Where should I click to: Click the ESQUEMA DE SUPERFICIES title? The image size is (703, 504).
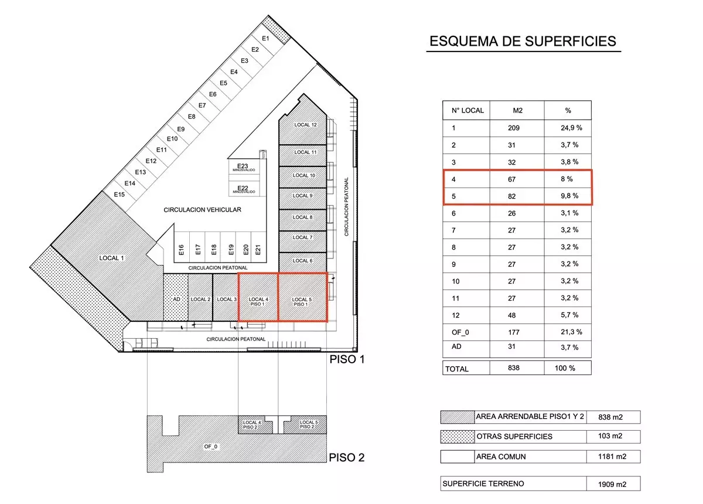click(x=523, y=42)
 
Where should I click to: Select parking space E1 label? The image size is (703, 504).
click(x=265, y=38)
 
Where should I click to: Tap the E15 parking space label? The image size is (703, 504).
click(x=120, y=195)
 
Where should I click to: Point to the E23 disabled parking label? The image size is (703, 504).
click(x=243, y=166)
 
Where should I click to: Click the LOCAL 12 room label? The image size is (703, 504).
click(x=305, y=125)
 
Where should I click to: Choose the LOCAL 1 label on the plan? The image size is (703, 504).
click(x=111, y=258)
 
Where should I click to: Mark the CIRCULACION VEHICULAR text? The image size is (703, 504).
click(x=203, y=210)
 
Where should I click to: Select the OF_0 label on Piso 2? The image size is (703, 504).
click(x=210, y=447)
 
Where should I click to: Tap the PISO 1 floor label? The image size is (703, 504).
click(x=347, y=359)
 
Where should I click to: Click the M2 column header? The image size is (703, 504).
click(x=518, y=111)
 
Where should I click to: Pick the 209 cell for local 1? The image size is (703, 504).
click(x=514, y=128)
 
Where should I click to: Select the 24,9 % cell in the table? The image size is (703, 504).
click(x=571, y=128)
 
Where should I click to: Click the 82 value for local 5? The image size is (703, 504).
click(x=512, y=196)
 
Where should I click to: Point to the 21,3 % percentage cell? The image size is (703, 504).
click(x=571, y=332)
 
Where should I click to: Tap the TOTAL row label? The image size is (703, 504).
click(x=456, y=369)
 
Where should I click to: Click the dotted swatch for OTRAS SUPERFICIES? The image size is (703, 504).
click(x=458, y=437)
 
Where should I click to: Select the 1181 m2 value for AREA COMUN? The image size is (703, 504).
click(x=612, y=457)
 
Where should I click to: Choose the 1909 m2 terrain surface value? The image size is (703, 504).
click(x=612, y=484)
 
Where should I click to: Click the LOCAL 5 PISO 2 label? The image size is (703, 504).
click(x=308, y=424)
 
